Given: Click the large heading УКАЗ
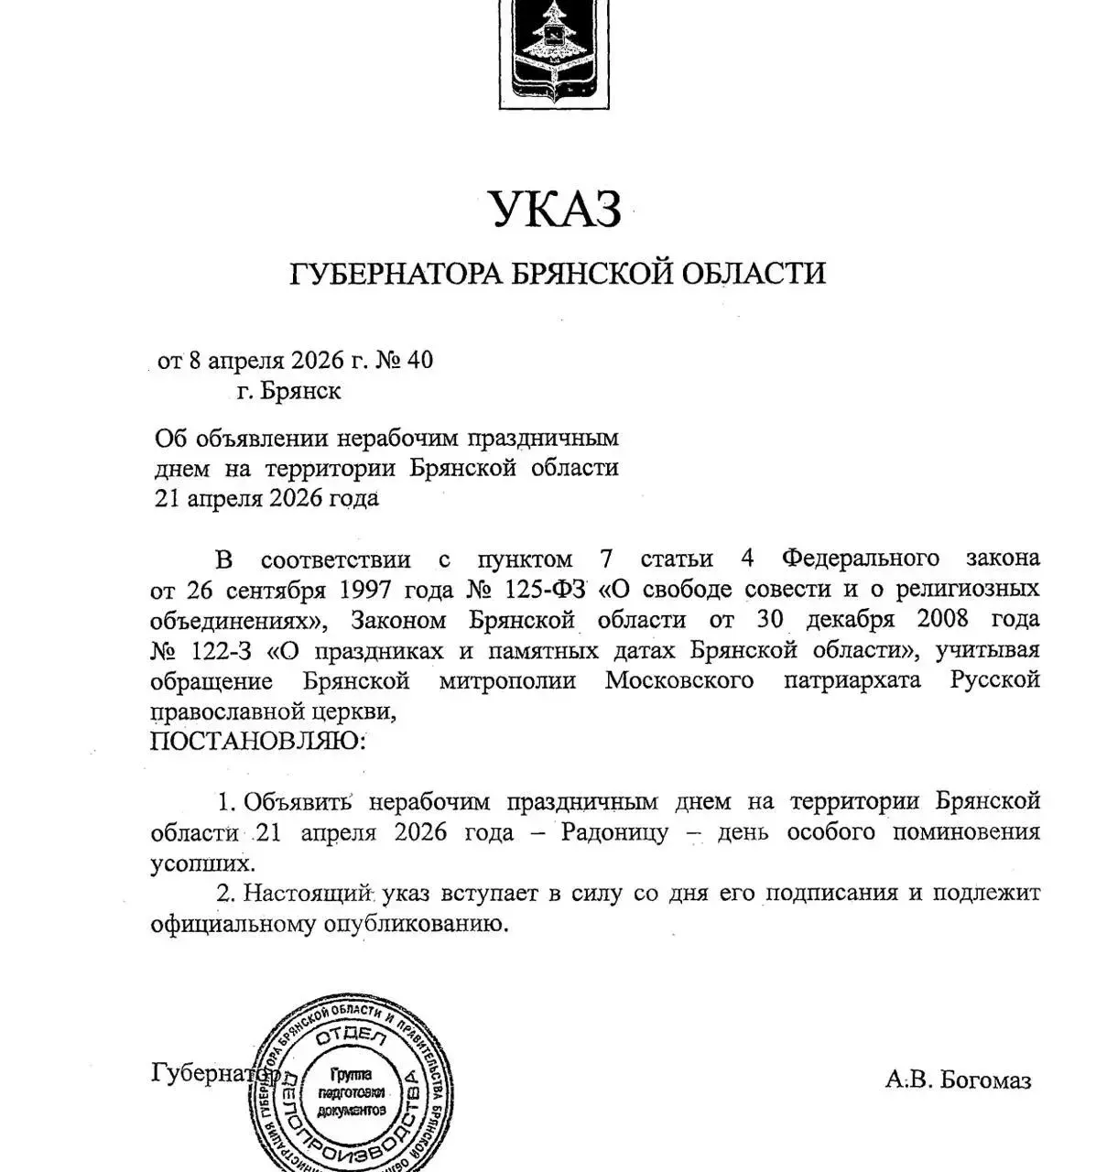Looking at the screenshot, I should [x=556, y=209].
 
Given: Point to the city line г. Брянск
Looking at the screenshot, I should [x=288, y=391].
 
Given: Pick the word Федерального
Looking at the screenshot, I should [x=861, y=558].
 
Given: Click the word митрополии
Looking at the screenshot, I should [x=507, y=680].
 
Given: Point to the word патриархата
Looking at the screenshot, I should [x=852, y=680].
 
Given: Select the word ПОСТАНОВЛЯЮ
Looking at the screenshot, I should [x=256, y=740].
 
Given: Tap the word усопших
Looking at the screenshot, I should [x=202, y=863].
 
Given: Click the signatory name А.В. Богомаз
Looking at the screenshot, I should [x=958, y=1080].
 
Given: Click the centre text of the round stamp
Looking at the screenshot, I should [x=351, y=1092].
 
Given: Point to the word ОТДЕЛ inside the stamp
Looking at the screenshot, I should [x=351, y=1037].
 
